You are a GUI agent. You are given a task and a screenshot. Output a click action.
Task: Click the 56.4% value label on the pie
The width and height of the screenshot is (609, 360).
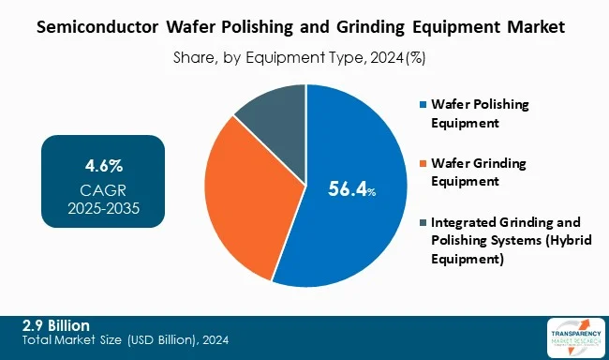coord(352,190)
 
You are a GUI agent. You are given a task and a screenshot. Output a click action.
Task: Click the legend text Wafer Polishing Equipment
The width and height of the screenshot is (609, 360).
coord(479,112)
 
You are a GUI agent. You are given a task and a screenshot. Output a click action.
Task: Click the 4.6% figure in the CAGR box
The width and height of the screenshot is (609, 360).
coord(103,167)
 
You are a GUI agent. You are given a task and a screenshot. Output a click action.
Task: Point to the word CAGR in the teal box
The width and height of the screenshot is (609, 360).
coord(103,190)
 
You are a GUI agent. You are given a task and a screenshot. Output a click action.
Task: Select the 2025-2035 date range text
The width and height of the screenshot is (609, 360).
coord(103,208)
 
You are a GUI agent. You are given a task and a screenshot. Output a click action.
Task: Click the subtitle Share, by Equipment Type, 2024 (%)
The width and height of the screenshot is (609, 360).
coord(300,57)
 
